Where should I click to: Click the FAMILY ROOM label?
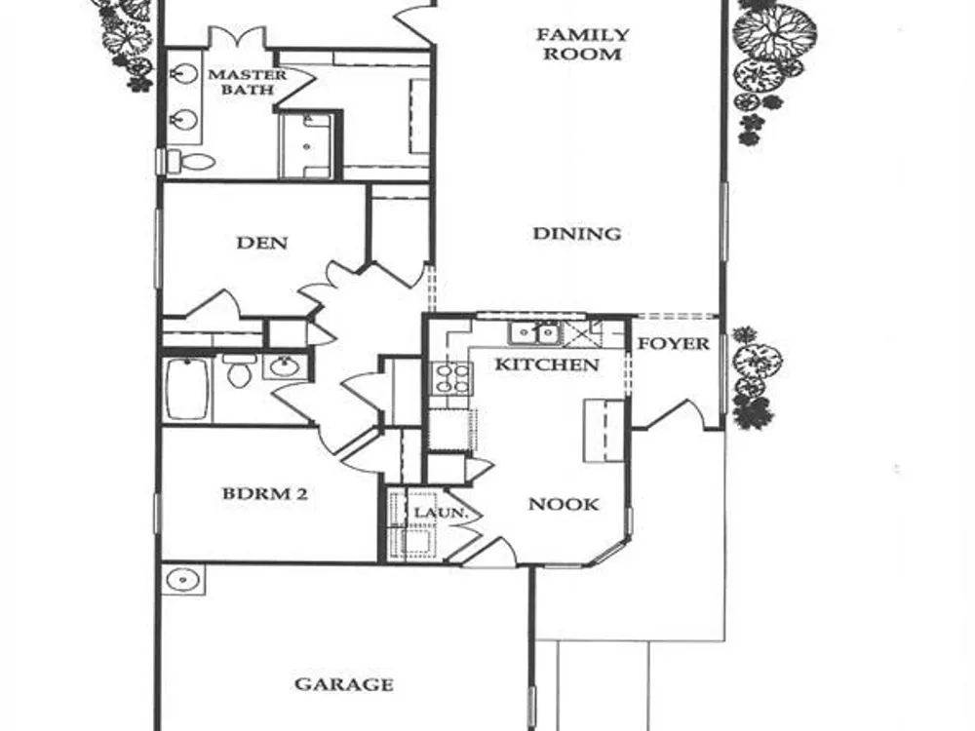583,44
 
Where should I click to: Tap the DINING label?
577,234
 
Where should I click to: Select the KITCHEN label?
547,365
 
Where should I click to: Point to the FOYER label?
674,344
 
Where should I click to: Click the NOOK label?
564,504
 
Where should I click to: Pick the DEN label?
261,243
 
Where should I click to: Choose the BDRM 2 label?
265,494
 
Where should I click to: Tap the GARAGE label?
344,684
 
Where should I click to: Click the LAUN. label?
441,514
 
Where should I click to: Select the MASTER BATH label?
247,82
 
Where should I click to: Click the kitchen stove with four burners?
452,378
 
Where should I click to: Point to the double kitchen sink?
534,333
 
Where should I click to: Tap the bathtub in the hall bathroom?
186,389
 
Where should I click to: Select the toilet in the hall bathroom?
239,371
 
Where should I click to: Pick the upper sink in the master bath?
184,76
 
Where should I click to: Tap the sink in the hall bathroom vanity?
286,366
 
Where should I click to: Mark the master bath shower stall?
307,146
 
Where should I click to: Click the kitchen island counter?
604,431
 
